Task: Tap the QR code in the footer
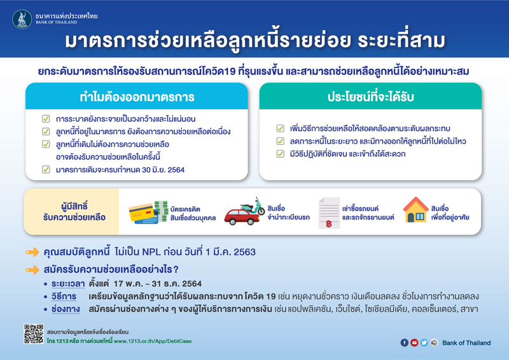pyautogui.click(x=33, y=335)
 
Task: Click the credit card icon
pyautogui.click(x=146, y=213)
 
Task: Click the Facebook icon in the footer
pyautogui.click(x=405, y=343)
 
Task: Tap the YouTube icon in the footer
pyautogui.click(x=414, y=343)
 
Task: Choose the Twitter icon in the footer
pyautogui.click(x=424, y=343)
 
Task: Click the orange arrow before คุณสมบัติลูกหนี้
pyautogui.click(x=33, y=253)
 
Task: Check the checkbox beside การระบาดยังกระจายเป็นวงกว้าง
pyautogui.click(x=45, y=119)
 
